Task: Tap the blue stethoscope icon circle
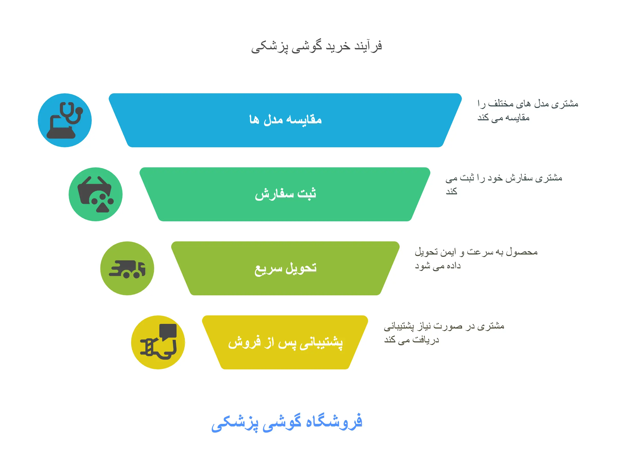[65, 120]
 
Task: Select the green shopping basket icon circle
[96, 194]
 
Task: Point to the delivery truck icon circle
[127, 268]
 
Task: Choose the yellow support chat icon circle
[158, 342]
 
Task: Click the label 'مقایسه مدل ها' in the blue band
[285, 119]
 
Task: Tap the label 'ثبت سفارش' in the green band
[285, 194]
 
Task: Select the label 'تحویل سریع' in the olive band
[285, 268]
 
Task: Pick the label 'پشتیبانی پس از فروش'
[285, 342]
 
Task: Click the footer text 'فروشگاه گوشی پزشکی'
[287, 422]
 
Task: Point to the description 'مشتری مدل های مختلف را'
[528, 104]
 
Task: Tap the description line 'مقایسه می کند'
[503, 118]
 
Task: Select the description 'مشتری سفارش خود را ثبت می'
[504, 178]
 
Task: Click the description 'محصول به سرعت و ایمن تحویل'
[476, 252]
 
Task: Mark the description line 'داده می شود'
[438, 266]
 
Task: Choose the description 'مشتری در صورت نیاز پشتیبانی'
[444, 326]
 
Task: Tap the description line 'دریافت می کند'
[411, 340]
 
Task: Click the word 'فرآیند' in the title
[368, 46]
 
